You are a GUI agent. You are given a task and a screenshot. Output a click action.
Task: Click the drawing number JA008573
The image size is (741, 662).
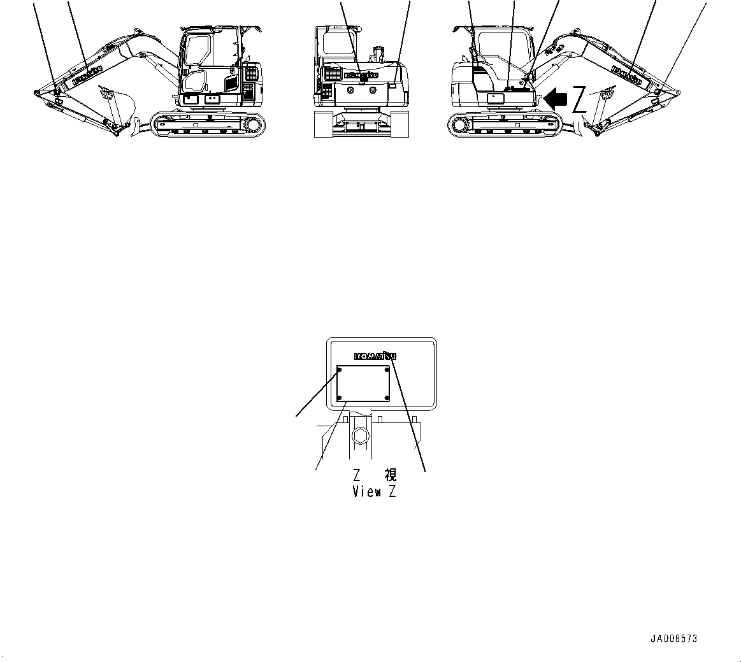[x=674, y=638]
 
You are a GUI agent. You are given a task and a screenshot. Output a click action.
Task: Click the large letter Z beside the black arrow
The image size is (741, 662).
[x=579, y=99]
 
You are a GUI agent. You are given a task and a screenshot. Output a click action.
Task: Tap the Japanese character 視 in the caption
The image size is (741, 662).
[x=391, y=475]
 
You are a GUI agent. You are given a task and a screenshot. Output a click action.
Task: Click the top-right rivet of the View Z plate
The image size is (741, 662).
[x=387, y=370]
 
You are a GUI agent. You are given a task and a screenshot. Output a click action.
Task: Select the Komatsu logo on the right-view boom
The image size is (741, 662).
[x=627, y=75]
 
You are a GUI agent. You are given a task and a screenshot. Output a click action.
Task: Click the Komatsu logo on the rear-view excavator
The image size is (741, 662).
[x=361, y=75]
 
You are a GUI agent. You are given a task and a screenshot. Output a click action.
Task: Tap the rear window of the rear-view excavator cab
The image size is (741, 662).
[x=336, y=43]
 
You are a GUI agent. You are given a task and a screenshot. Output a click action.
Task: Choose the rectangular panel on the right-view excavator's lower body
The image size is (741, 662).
[x=495, y=98]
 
